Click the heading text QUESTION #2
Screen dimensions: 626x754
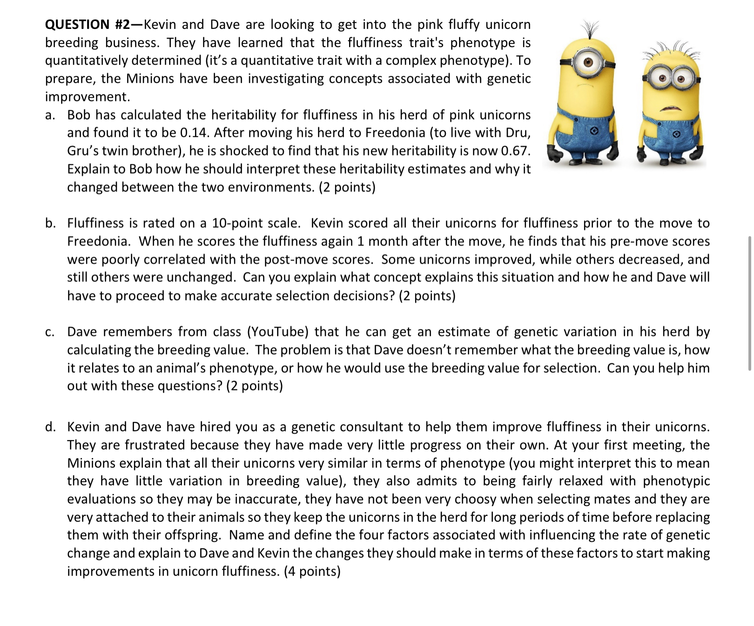(x=91, y=24)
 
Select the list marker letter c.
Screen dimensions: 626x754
(x=50, y=332)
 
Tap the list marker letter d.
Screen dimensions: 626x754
(x=50, y=427)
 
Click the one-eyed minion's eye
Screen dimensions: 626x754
(x=588, y=62)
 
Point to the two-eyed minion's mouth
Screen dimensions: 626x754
(x=669, y=109)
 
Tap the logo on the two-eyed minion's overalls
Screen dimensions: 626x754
(x=677, y=134)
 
